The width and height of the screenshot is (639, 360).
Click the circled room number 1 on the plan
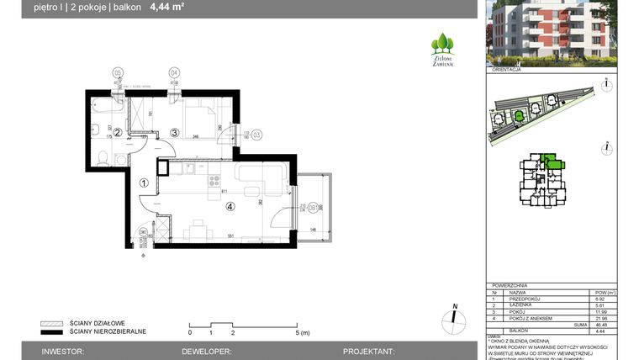[144, 183]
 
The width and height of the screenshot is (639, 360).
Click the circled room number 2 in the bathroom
[118, 132]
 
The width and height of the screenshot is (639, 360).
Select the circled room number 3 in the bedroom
[174, 132]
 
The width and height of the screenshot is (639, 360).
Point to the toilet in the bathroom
[100, 155]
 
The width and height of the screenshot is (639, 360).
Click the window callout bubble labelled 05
[118, 72]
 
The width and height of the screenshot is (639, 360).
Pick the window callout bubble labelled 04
[174, 72]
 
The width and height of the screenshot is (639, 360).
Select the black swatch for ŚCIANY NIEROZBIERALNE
[51, 331]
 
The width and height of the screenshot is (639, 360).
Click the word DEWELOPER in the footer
[205, 352]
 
